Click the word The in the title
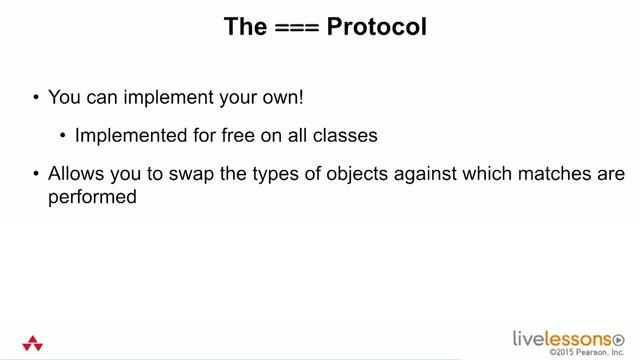[x=245, y=27]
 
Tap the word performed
[x=91, y=197]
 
